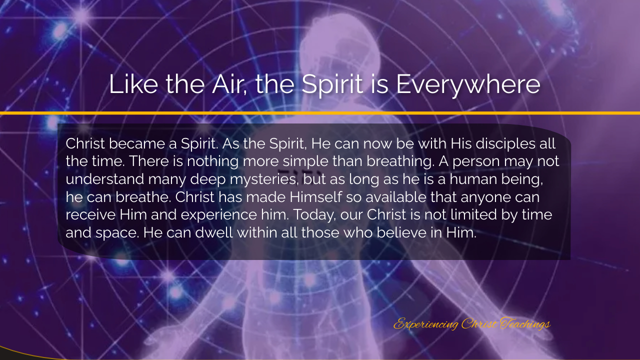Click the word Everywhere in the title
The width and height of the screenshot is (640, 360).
[x=468, y=85]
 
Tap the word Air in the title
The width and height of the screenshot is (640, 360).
[x=229, y=84]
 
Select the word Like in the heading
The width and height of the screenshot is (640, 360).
[x=133, y=84]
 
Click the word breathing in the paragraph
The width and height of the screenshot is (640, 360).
[x=400, y=162]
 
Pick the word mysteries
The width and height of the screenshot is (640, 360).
[x=264, y=180]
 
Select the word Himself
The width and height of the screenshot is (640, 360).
[x=315, y=197]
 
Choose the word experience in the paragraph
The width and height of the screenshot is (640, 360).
[x=219, y=215]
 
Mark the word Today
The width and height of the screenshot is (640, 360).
[x=314, y=215]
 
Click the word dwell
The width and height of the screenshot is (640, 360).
[x=214, y=233]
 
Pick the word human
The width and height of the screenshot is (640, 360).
[x=473, y=180]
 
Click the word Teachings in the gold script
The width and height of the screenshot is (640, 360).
[x=525, y=324]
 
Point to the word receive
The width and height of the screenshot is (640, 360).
[x=90, y=215]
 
